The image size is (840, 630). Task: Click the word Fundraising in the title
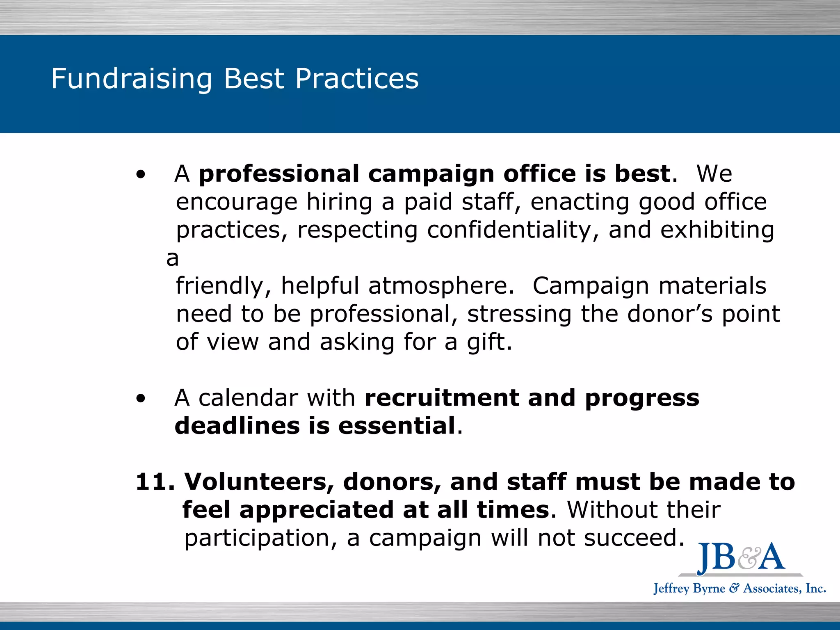pyautogui.click(x=132, y=79)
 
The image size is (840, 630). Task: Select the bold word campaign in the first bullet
pyautogui.click(x=431, y=174)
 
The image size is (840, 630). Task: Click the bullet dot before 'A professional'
pyautogui.click(x=141, y=175)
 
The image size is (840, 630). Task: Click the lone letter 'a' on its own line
pyautogui.click(x=173, y=259)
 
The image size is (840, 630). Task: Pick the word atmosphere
pyautogui.click(x=441, y=285)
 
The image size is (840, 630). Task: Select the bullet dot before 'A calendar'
pyautogui.click(x=141, y=399)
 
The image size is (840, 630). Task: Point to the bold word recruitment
pyautogui.click(x=441, y=398)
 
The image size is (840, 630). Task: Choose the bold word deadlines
pyautogui.click(x=237, y=426)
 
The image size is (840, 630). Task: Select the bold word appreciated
pyautogui.click(x=316, y=510)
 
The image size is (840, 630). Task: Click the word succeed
pyautogui.click(x=634, y=538)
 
